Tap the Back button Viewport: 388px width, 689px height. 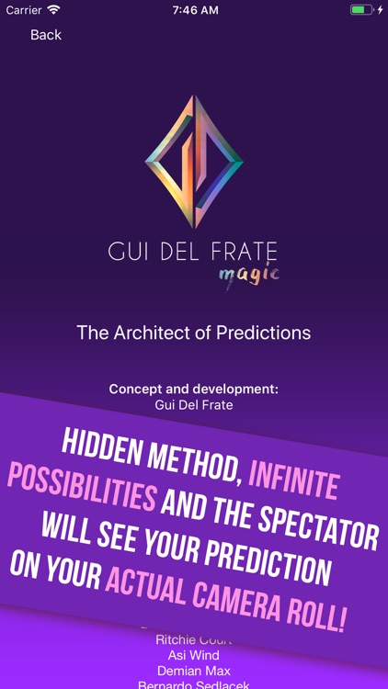(x=46, y=35)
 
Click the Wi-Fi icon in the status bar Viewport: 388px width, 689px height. (x=53, y=9)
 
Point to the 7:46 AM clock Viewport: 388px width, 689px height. (x=193, y=9)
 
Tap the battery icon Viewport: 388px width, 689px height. (x=361, y=9)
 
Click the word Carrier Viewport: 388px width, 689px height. (x=24, y=9)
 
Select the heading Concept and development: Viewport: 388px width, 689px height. (x=193, y=389)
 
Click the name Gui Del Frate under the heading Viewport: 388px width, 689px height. (x=193, y=404)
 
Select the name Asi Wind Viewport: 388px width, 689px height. (x=193, y=655)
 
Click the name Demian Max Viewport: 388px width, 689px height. (x=193, y=671)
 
